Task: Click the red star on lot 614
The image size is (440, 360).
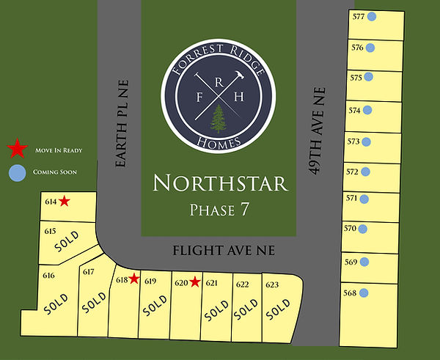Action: (65, 201)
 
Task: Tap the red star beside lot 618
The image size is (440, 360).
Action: (134, 279)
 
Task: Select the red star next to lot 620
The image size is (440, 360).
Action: (194, 281)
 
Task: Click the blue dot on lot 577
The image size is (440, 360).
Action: (372, 17)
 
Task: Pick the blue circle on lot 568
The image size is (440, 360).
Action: (364, 293)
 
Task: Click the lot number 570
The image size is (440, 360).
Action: (350, 229)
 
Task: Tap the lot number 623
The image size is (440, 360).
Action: (272, 284)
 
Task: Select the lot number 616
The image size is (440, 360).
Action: (49, 276)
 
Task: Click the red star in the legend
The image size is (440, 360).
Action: (17, 150)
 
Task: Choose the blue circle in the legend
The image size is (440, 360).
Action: (17, 172)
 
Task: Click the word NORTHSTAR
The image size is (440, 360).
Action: (219, 183)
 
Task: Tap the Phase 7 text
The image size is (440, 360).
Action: (219, 209)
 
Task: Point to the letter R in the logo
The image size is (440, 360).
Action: (219, 83)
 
